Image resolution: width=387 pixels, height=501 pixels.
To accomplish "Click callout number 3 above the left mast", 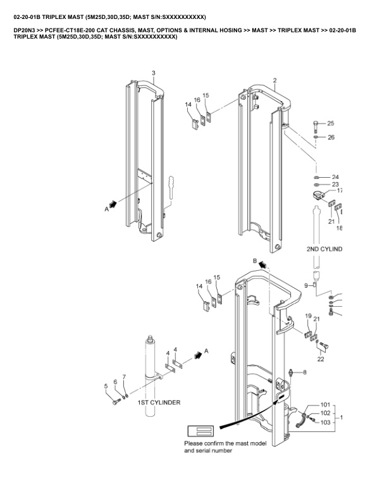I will coord(153,73).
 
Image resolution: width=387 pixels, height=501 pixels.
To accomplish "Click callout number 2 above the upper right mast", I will coord(274,80).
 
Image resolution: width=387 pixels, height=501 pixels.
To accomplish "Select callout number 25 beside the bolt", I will coord(330,123).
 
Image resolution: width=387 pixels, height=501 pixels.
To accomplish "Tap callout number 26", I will coord(330,137).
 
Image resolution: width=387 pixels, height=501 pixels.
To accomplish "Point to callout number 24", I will coord(335,176).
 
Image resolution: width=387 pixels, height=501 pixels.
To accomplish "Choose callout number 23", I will coord(335,184).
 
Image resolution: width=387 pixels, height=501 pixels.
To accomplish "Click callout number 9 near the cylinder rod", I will coord(305,286).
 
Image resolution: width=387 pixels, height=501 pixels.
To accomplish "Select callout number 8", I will coord(304,373).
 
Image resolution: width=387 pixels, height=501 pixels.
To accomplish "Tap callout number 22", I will coord(321,359).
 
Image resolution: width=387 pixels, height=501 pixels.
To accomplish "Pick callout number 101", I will coord(325,404).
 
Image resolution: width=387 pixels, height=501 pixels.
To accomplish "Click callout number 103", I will coord(325,422).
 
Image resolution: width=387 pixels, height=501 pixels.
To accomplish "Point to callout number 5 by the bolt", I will coord(106,386).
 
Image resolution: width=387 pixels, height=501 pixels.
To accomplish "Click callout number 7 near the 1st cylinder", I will coord(124,377).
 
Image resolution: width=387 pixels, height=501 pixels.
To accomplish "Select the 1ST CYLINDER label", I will coord(159,402).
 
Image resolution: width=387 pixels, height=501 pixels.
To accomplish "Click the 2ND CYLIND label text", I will coord(324,249).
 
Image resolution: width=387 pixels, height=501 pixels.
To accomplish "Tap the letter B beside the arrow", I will coord(254,261).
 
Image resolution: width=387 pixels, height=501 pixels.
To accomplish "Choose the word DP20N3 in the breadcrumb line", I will coord(25,30).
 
